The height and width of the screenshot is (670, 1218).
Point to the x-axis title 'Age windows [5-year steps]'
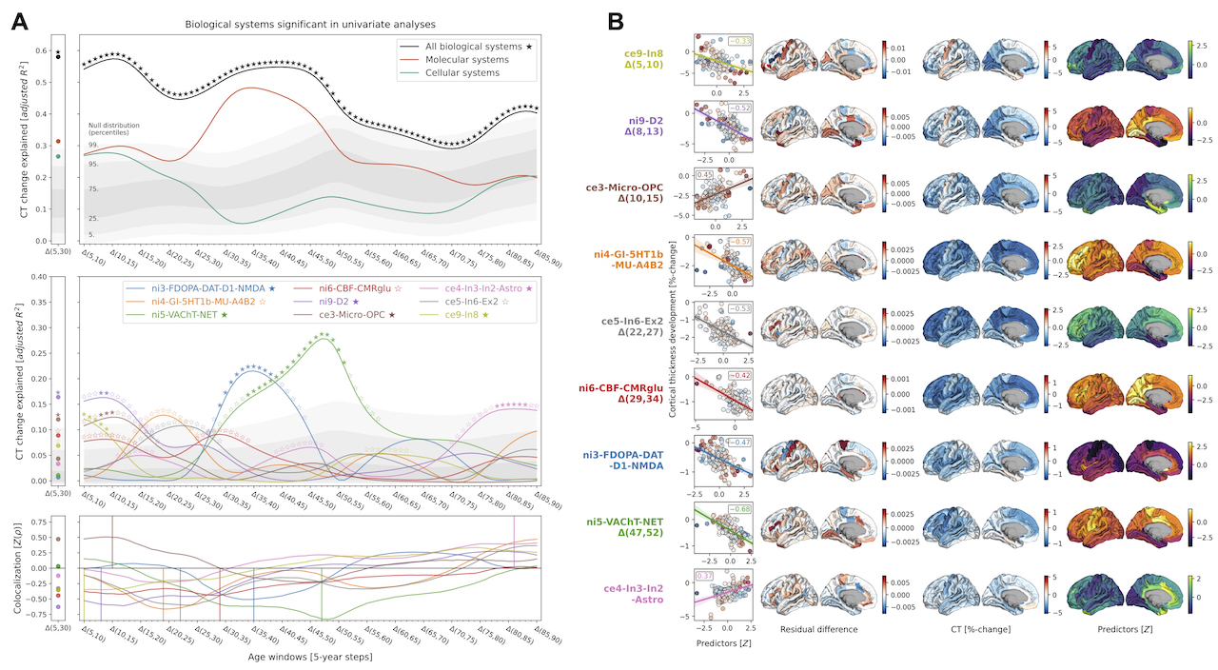pyautogui.click(x=309, y=657)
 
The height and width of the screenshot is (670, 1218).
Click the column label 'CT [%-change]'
pyautogui.click(x=972, y=630)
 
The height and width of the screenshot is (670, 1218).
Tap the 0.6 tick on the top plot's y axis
pyautogui.click(x=43, y=51)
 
